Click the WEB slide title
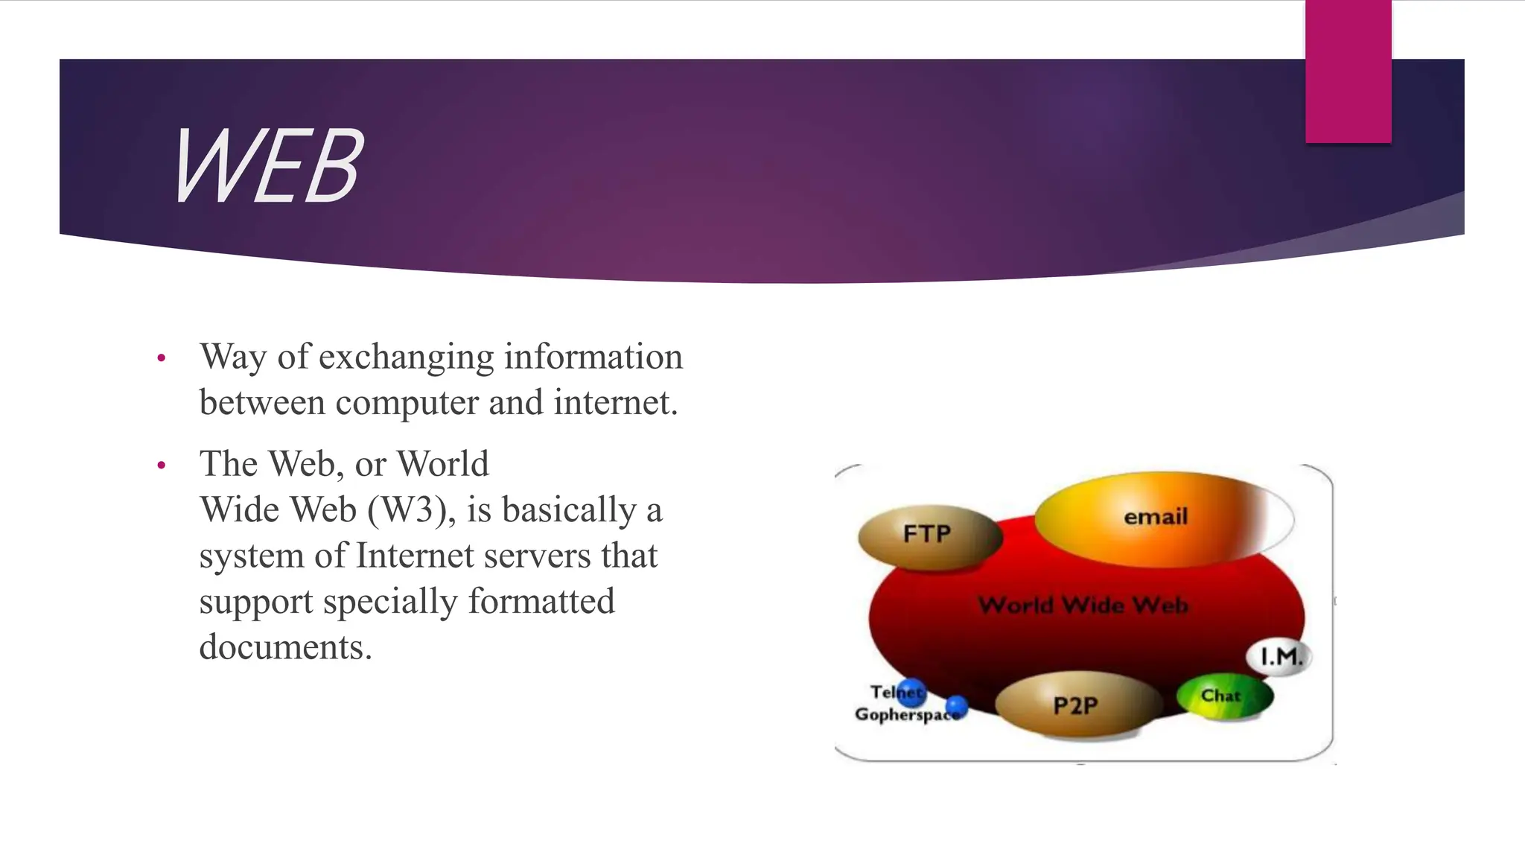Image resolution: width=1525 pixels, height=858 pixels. (x=268, y=165)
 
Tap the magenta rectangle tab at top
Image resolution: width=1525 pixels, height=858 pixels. (x=1348, y=71)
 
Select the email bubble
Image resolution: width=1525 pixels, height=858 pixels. (x=1156, y=517)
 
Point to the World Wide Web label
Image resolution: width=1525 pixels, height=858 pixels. (x=1083, y=604)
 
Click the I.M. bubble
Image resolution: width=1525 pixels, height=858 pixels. (x=1280, y=657)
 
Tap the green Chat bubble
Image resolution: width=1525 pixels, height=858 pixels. (x=1223, y=696)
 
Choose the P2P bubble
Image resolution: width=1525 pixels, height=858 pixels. (x=1076, y=705)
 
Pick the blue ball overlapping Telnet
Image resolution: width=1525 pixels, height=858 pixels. (x=911, y=692)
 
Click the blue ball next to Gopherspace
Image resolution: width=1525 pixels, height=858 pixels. (x=957, y=705)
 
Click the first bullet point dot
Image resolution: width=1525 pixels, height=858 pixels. (x=162, y=359)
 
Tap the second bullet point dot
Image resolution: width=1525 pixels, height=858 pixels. (x=162, y=466)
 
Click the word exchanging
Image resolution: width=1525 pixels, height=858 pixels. (x=407, y=357)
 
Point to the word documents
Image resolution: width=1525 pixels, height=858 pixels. (x=284, y=647)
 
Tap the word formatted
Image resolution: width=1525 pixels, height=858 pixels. (x=541, y=602)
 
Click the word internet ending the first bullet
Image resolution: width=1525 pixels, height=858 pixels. (x=614, y=404)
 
